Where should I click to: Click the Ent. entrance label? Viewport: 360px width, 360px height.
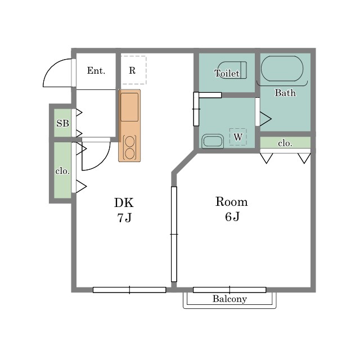pos(96,70)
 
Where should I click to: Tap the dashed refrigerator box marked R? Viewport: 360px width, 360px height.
pos(134,70)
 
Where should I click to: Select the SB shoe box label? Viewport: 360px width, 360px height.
pos(62,123)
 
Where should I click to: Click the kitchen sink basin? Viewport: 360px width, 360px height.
pos(129,107)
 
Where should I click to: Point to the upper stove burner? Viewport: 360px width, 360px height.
pos(129,141)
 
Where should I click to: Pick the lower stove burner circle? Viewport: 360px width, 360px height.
pos(129,154)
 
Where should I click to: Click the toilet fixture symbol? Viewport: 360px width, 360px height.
pos(232,70)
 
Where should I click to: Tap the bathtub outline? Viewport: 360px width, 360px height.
pos(282,69)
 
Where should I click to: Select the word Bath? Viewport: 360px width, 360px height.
pos(285,93)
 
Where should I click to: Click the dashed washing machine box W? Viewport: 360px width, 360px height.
pos(238,137)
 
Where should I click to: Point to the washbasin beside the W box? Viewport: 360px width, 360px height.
pos(213,141)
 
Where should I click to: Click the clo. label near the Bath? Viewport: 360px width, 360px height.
pos(285,143)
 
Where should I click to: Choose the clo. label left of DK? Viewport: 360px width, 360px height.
pos(62,171)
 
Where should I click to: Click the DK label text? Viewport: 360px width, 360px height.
pos(124,202)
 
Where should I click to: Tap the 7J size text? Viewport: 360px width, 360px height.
pos(124,218)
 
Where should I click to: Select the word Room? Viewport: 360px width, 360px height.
pos(232,202)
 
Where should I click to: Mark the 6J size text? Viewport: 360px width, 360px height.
pos(232,217)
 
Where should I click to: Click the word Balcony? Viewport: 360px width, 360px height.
pos(229,299)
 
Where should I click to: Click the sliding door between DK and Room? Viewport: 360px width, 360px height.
pos(174,234)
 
